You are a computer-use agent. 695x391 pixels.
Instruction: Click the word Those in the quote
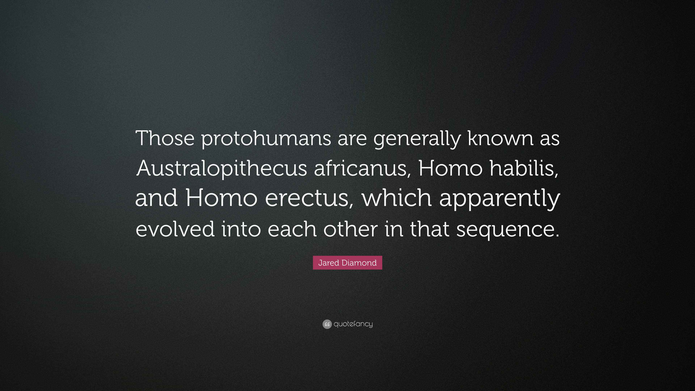[165, 138]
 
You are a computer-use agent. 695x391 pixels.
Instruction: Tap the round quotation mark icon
[327, 324]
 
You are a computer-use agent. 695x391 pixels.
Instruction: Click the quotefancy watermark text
[353, 324]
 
